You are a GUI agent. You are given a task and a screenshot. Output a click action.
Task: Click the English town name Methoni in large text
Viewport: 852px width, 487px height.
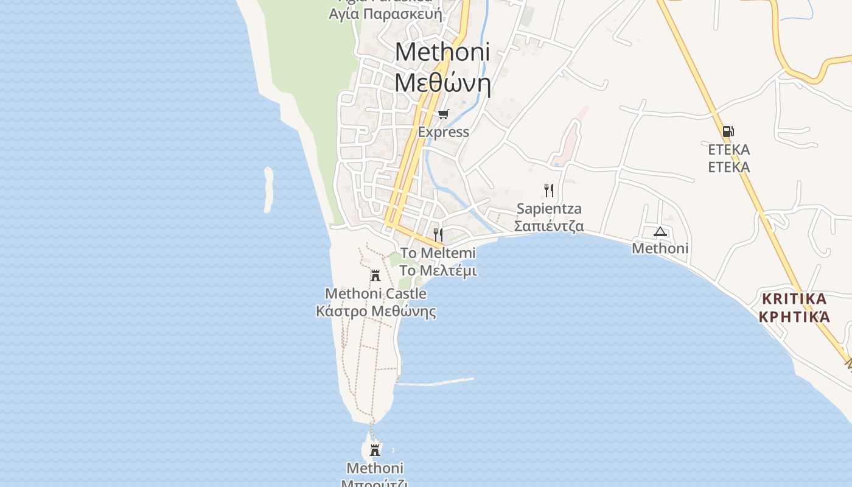[x=442, y=52]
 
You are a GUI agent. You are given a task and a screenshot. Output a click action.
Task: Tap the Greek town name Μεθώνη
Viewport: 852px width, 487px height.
[x=442, y=82]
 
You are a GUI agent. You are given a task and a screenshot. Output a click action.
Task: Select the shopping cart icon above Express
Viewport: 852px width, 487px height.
[x=444, y=114]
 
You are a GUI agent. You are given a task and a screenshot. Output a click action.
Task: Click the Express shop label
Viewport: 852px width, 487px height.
[x=443, y=131]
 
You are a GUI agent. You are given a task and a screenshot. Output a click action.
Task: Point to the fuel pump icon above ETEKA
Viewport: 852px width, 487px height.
[x=728, y=131]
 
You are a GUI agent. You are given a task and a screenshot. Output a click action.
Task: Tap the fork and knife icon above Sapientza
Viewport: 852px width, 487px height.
[x=549, y=191]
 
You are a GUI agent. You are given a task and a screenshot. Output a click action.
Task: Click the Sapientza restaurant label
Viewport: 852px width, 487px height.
[x=549, y=209]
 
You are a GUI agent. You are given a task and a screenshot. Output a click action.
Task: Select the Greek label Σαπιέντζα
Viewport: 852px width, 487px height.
[x=549, y=226]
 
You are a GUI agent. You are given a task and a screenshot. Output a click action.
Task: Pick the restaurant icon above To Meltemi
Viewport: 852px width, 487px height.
[x=438, y=234]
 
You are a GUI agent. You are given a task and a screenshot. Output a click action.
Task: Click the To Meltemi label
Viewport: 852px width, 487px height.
[x=438, y=253]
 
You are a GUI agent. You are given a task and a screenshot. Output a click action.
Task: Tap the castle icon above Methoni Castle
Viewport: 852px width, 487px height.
[x=375, y=276]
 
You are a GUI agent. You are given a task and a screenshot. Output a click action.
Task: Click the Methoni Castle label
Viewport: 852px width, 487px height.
[x=375, y=294]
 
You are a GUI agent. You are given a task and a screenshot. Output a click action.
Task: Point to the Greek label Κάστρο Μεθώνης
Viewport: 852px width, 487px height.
[x=375, y=312]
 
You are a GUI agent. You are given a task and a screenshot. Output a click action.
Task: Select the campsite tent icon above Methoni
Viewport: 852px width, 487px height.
[x=660, y=231]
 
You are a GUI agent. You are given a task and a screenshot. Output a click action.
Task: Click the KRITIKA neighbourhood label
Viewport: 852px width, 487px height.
[x=794, y=299]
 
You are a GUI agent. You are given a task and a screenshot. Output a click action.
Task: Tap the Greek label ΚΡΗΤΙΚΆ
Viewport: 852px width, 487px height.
[x=794, y=317]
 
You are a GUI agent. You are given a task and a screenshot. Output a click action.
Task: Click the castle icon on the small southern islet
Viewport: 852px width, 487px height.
[x=375, y=450]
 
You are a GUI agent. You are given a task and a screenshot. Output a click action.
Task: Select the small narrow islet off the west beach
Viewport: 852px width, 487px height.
[x=268, y=190]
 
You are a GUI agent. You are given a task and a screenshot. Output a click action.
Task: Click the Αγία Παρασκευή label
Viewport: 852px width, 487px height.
[x=385, y=13]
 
